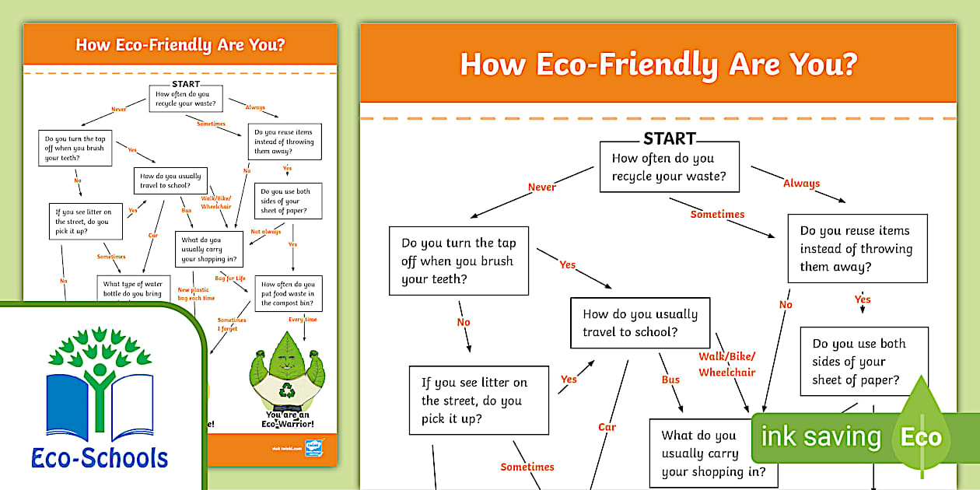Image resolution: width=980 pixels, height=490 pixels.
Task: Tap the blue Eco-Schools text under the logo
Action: click(x=100, y=457)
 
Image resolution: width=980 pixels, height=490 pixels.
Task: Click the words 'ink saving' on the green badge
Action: click(x=821, y=437)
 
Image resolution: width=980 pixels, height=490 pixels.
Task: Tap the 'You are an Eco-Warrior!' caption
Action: click(x=290, y=420)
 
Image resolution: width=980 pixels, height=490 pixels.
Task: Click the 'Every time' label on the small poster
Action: click(x=303, y=320)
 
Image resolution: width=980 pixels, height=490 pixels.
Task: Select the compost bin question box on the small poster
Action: click(x=288, y=294)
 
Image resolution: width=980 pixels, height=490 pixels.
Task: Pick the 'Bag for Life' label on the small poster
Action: click(x=231, y=278)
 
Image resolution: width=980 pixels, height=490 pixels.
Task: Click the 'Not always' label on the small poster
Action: click(x=266, y=232)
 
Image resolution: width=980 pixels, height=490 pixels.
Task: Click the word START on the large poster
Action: click(x=670, y=139)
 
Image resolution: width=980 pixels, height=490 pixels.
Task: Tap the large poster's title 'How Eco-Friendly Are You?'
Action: click(x=658, y=65)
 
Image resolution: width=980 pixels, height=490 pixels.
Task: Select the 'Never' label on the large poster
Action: click(x=542, y=187)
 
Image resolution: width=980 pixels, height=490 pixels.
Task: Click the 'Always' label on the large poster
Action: click(x=801, y=184)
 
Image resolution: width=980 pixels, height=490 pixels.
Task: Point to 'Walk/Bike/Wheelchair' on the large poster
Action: click(x=726, y=364)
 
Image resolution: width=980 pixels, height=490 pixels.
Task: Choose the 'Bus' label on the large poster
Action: click(x=670, y=380)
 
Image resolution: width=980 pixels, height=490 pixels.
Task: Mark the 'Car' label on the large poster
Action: click(x=607, y=427)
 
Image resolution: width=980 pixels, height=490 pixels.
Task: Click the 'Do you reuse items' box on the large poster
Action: click(x=857, y=249)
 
